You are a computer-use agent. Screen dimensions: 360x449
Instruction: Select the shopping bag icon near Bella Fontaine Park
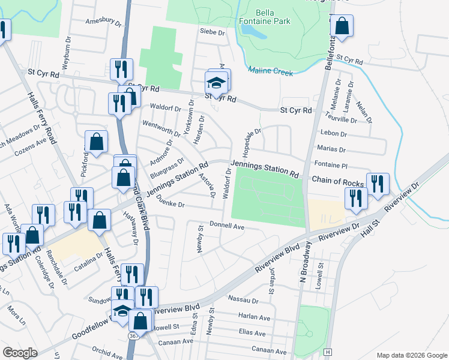342,26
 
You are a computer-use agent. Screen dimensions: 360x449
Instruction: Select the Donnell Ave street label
227,226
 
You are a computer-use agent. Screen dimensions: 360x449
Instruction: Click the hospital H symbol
328,351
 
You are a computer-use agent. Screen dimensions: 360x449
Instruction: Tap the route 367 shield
133,337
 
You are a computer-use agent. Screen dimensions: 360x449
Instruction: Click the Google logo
20,353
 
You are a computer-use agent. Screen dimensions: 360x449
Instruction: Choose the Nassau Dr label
243,299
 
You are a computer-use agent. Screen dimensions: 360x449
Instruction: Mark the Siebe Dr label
212,32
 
